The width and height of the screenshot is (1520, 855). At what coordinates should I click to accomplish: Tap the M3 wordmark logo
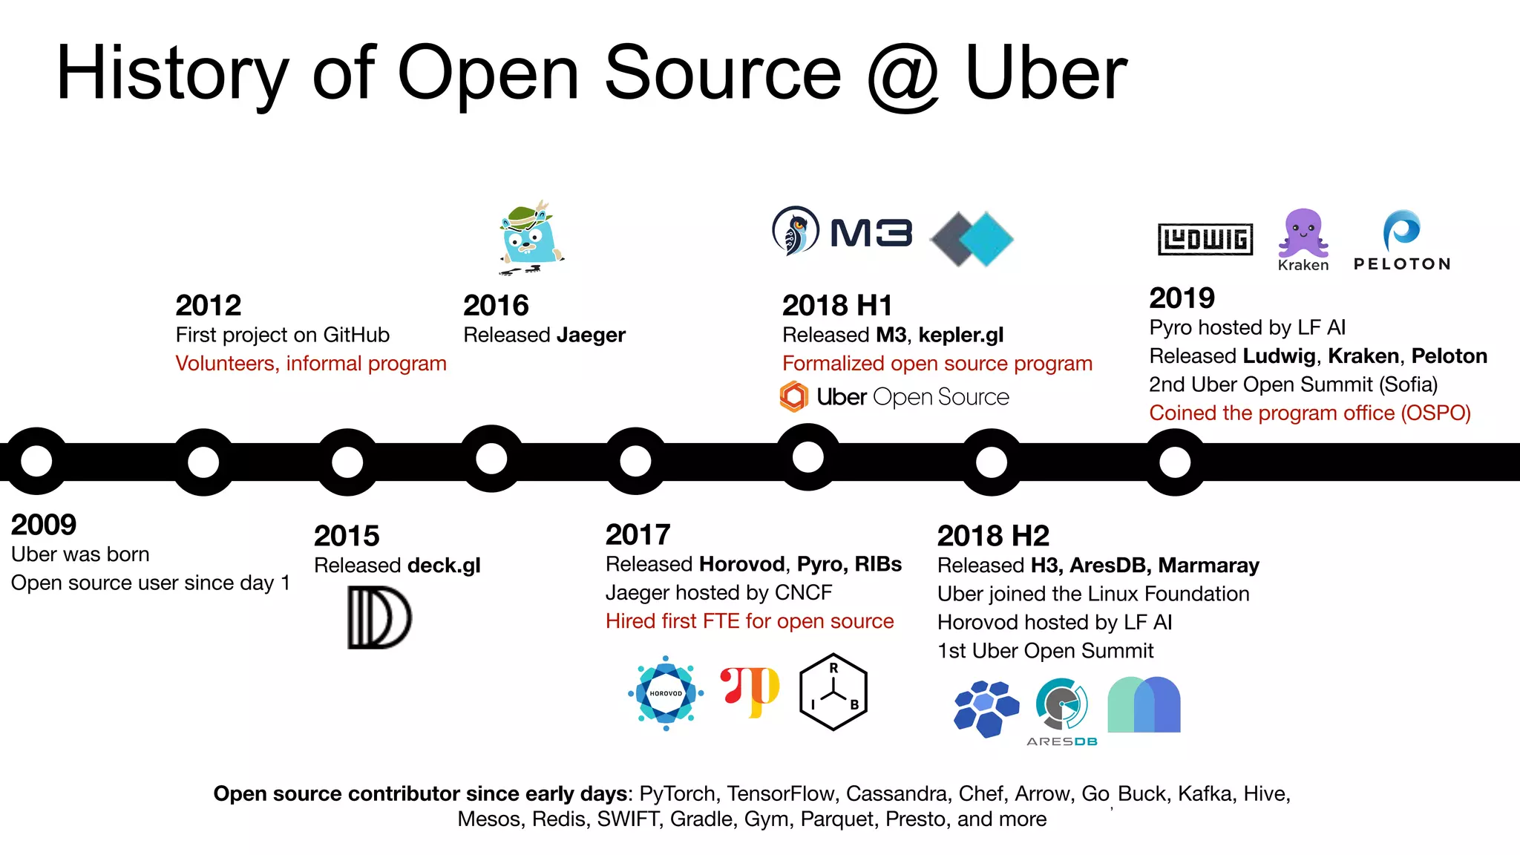click(871, 233)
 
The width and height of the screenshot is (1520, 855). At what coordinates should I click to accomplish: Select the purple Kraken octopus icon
click(1303, 233)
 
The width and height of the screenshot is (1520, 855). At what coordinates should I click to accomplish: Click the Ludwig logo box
click(1205, 239)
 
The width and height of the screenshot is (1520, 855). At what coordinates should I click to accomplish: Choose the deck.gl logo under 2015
click(379, 617)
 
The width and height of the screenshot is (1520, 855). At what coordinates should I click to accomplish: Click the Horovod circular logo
click(666, 693)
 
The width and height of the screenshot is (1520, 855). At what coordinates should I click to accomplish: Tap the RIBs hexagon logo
click(833, 692)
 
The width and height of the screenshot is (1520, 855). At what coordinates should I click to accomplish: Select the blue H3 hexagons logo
click(986, 708)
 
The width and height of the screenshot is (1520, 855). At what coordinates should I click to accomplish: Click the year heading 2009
click(44, 525)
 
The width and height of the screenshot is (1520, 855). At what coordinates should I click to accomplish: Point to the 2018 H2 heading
click(993, 536)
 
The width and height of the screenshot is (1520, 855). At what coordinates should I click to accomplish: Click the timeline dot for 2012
click(203, 462)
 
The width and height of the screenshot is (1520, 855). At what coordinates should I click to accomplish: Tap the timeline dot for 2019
click(1175, 462)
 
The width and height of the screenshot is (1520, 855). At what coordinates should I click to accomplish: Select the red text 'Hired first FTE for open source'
click(750, 621)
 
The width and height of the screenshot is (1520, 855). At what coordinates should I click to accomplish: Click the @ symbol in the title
click(902, 74)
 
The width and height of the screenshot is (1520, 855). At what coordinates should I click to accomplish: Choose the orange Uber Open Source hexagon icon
click(793, 397)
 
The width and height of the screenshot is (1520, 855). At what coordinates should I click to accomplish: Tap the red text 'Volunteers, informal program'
click(311, 364)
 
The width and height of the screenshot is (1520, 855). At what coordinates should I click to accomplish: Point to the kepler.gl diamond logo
click(972, 239)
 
